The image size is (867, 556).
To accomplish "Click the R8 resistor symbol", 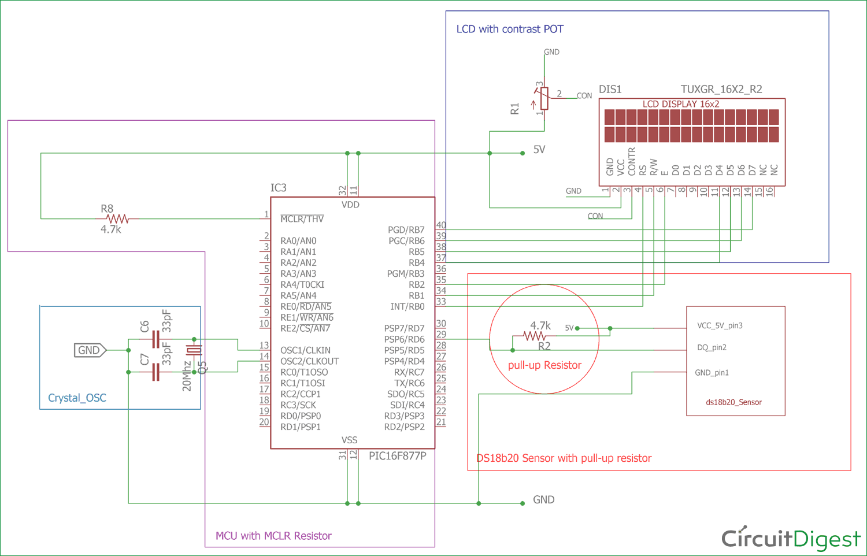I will [117, 219].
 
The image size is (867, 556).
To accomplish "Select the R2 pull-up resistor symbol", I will [534, 336].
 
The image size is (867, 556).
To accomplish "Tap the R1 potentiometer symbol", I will [544, 99].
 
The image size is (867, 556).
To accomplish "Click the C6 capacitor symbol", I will [155, 339].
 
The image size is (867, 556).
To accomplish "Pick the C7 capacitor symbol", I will [155, 372].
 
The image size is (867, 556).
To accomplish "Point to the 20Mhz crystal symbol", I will [194, 350].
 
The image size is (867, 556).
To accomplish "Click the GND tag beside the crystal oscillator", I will [90, 350].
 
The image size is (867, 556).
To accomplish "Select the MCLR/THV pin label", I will [302, 219].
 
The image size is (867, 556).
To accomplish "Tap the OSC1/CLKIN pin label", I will [305, 350].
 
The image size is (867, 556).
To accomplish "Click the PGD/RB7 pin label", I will [406, 230].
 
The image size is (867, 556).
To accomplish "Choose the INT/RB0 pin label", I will [407, 307].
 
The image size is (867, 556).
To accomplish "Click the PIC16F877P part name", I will [397, 456].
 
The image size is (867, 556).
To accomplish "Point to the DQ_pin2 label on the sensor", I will [712, 348].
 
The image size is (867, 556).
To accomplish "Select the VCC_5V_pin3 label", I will [720, 326].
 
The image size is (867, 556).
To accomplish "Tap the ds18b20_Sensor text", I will [733, 402].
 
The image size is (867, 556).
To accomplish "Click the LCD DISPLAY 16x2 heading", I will [681, 104].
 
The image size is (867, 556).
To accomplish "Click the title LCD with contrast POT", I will [510, 29].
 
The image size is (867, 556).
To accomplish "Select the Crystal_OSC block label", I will [77, 398].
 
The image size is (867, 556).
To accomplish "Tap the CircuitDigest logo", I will [791, 539].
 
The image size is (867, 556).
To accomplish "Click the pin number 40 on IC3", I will [441, 225].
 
